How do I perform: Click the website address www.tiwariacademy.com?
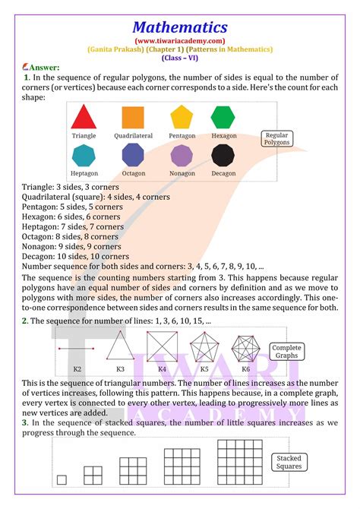point(179,40)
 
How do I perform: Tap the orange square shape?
point(133,117)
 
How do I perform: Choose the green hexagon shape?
point(223,117)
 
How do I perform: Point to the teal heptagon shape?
point(84,156)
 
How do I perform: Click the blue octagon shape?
point(133,156)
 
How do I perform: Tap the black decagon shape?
point(223,156)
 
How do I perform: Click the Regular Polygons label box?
point(276,138)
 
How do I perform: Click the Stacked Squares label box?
point(289,461)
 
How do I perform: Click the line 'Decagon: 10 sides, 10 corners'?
point(76,256)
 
